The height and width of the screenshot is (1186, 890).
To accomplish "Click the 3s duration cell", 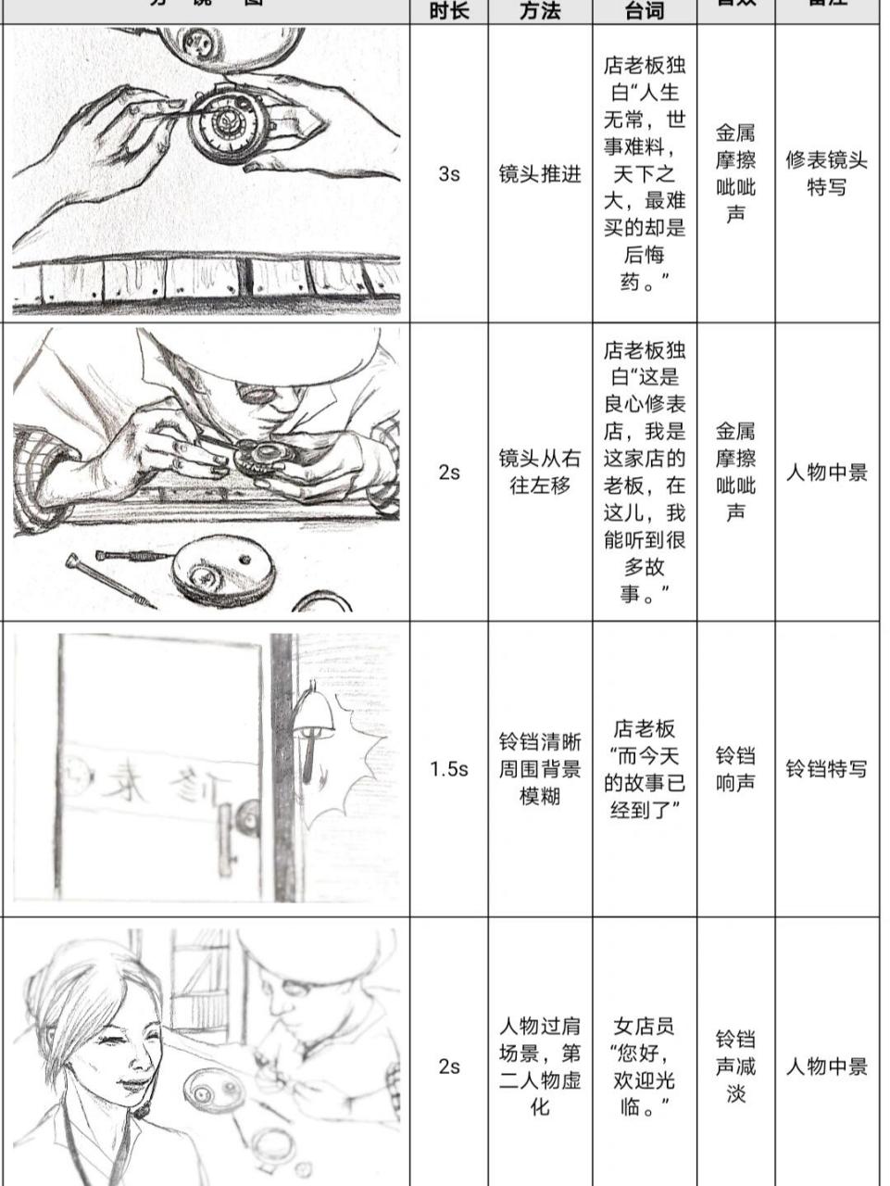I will [x=448, y=173].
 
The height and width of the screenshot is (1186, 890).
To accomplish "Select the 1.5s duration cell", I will [x=448, y=768].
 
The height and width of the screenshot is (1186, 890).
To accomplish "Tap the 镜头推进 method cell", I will [x=540, y=173].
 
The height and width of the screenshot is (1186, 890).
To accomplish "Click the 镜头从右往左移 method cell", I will [x=540, y=472].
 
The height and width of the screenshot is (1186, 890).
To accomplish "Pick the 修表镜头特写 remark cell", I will [x=826, y=173].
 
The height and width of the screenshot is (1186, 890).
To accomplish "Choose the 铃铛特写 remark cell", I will [x=826, y=768].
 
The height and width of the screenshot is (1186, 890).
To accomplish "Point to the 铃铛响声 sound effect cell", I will [x=735, y=768].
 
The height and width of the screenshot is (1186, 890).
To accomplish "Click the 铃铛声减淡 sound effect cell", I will [x=735, y=1066].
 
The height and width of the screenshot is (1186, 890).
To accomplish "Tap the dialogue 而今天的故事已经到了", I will [x=644, y=768].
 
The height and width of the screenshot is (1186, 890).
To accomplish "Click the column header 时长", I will [x=448, y=11].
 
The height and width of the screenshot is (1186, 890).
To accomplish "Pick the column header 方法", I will [x=540, y=11].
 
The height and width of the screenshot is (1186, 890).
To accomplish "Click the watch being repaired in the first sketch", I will [x=226, y=126].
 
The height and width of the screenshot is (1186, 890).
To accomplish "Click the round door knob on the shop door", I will [x=246, y=817].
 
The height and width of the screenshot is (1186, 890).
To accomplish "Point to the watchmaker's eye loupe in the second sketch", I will [x=257, y=393].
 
